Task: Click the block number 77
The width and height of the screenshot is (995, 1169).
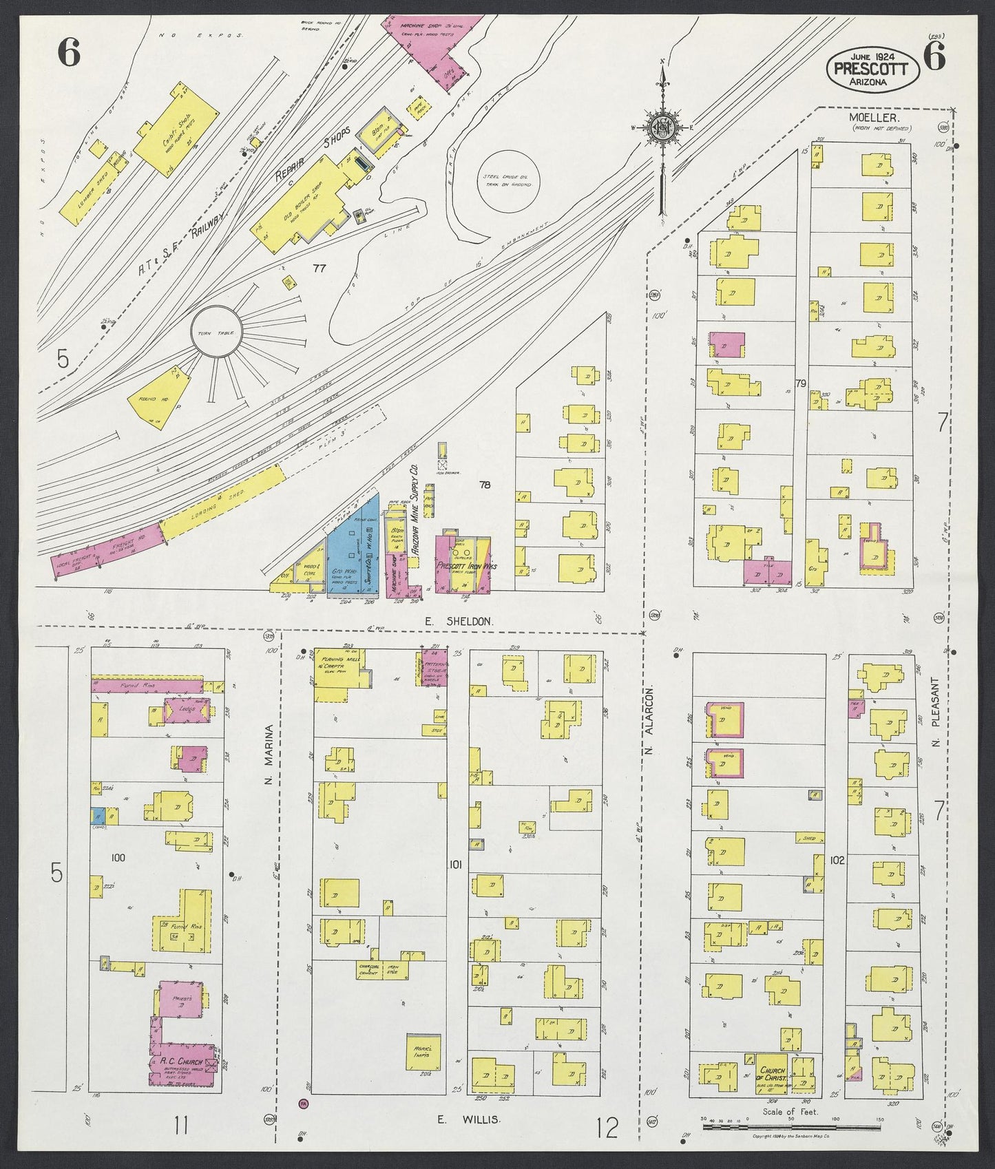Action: tap(318, 267)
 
